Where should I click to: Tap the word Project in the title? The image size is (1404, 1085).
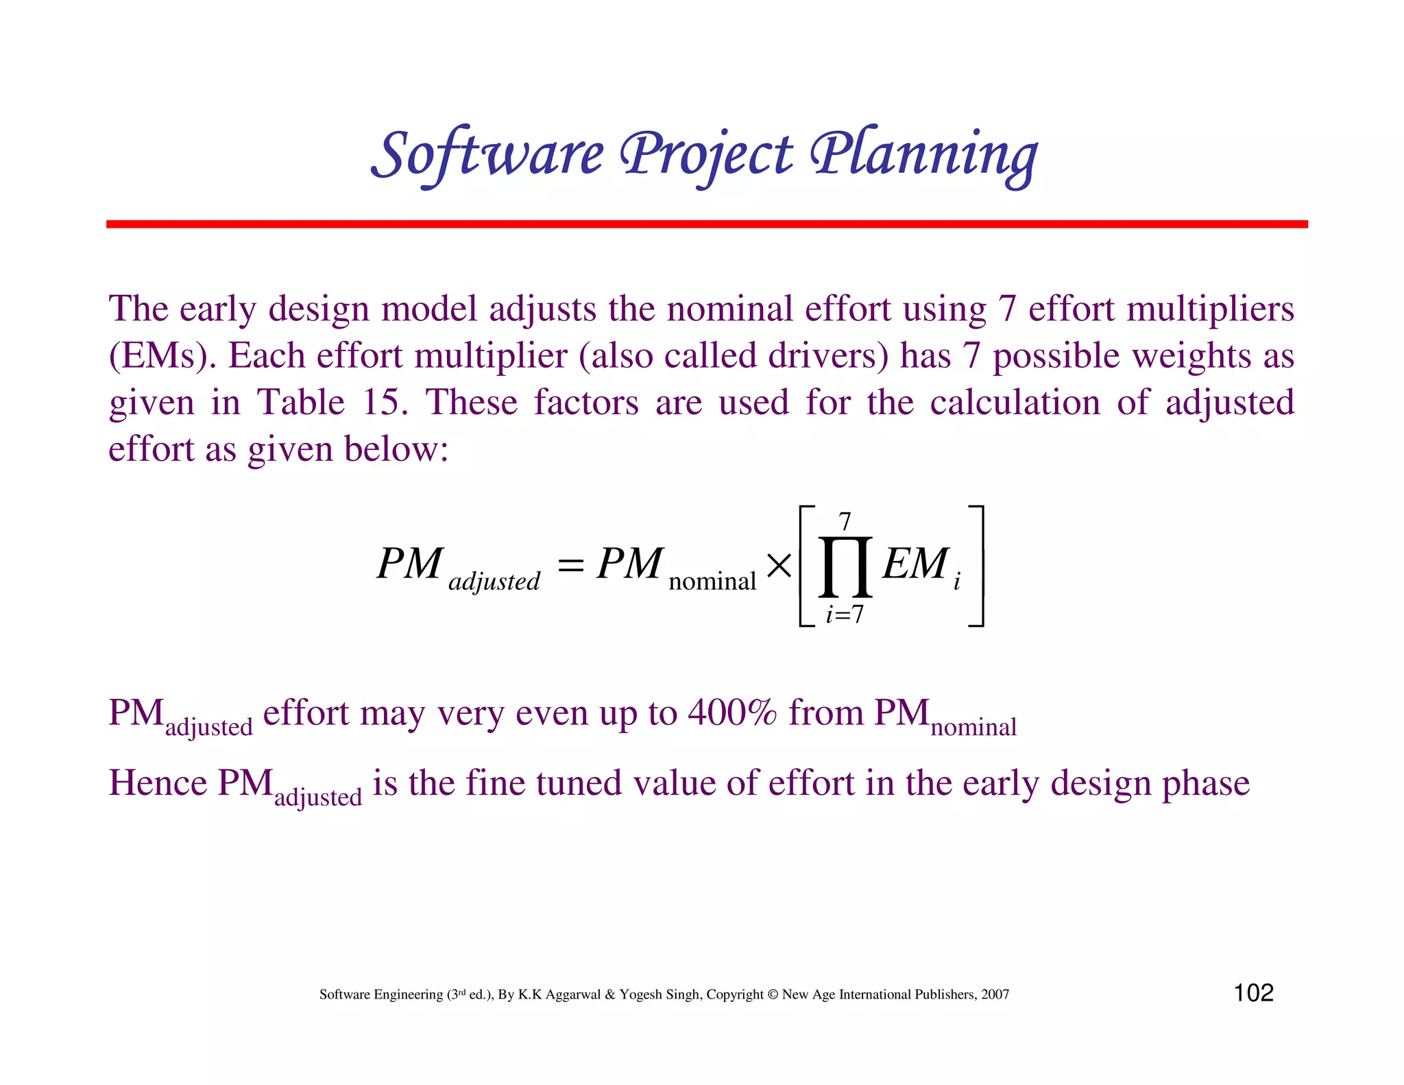coord(706,154)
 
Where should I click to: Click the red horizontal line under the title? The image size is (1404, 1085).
coord(706,224)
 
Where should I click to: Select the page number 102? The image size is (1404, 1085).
coord(1253,992)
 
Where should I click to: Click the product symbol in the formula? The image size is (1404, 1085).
coord(845,567)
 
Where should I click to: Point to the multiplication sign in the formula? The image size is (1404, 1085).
coord(779,567)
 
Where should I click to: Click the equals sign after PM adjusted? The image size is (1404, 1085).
coord(570,567)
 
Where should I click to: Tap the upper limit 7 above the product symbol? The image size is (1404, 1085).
coord(845,523)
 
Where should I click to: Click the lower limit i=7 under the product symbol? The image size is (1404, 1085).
coord(845,614)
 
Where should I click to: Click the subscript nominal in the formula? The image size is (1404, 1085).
coord(712,582)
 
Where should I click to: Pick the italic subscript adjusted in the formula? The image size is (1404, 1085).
coord(494,582)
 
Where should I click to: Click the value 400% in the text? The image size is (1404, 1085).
coord(732,713)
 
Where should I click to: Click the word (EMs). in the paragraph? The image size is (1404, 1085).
coord(162,356)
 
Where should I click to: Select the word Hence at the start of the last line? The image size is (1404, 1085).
coord(158,783)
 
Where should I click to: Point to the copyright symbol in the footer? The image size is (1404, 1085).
coord(773,994)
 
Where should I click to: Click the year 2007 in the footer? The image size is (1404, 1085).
coord(995,994)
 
